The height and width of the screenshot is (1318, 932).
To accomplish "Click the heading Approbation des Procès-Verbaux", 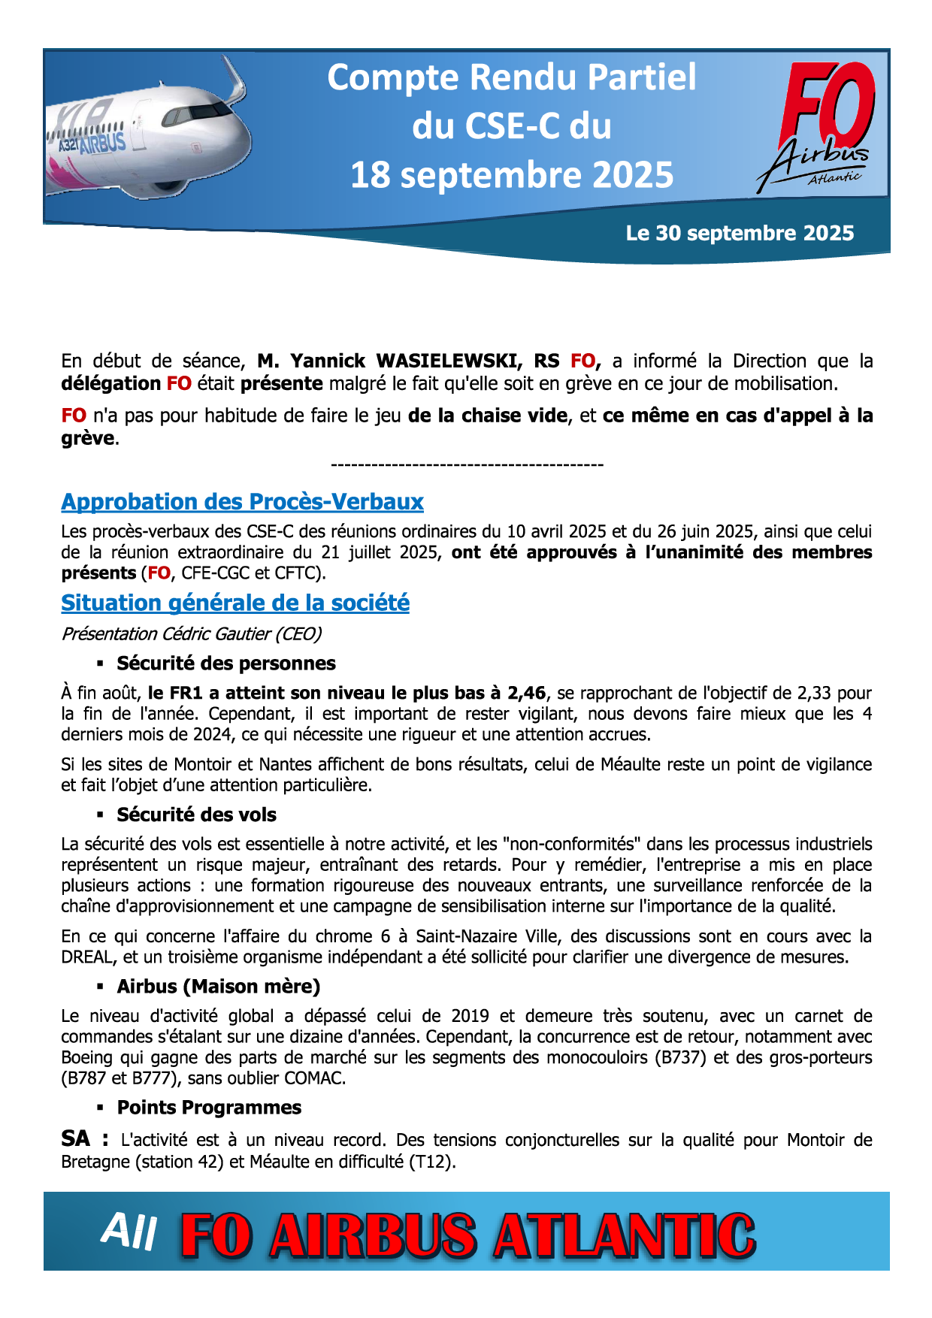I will coord(242,502).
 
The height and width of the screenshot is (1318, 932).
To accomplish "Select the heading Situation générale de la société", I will coord(235,603).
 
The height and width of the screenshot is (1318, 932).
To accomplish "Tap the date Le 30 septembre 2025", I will coord(740,234).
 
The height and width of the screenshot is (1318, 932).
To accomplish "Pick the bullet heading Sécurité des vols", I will coord(196,815).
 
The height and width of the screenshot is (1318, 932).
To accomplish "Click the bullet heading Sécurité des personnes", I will coord(225,664).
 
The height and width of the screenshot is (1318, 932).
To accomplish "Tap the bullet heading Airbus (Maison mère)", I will coord(218,987).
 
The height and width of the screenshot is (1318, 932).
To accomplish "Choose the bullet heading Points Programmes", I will coord(209,1108).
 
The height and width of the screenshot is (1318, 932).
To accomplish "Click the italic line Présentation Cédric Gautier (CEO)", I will coord(192,634).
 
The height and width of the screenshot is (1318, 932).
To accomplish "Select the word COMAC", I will coord(314,1078).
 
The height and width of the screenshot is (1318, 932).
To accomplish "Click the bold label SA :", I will coord(84,1139).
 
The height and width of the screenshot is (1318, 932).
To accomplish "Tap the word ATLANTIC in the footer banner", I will coord(624,1236).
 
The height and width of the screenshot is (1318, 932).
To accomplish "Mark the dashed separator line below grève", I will coord(467,465).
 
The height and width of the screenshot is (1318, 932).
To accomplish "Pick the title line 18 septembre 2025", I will coord(512,175).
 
